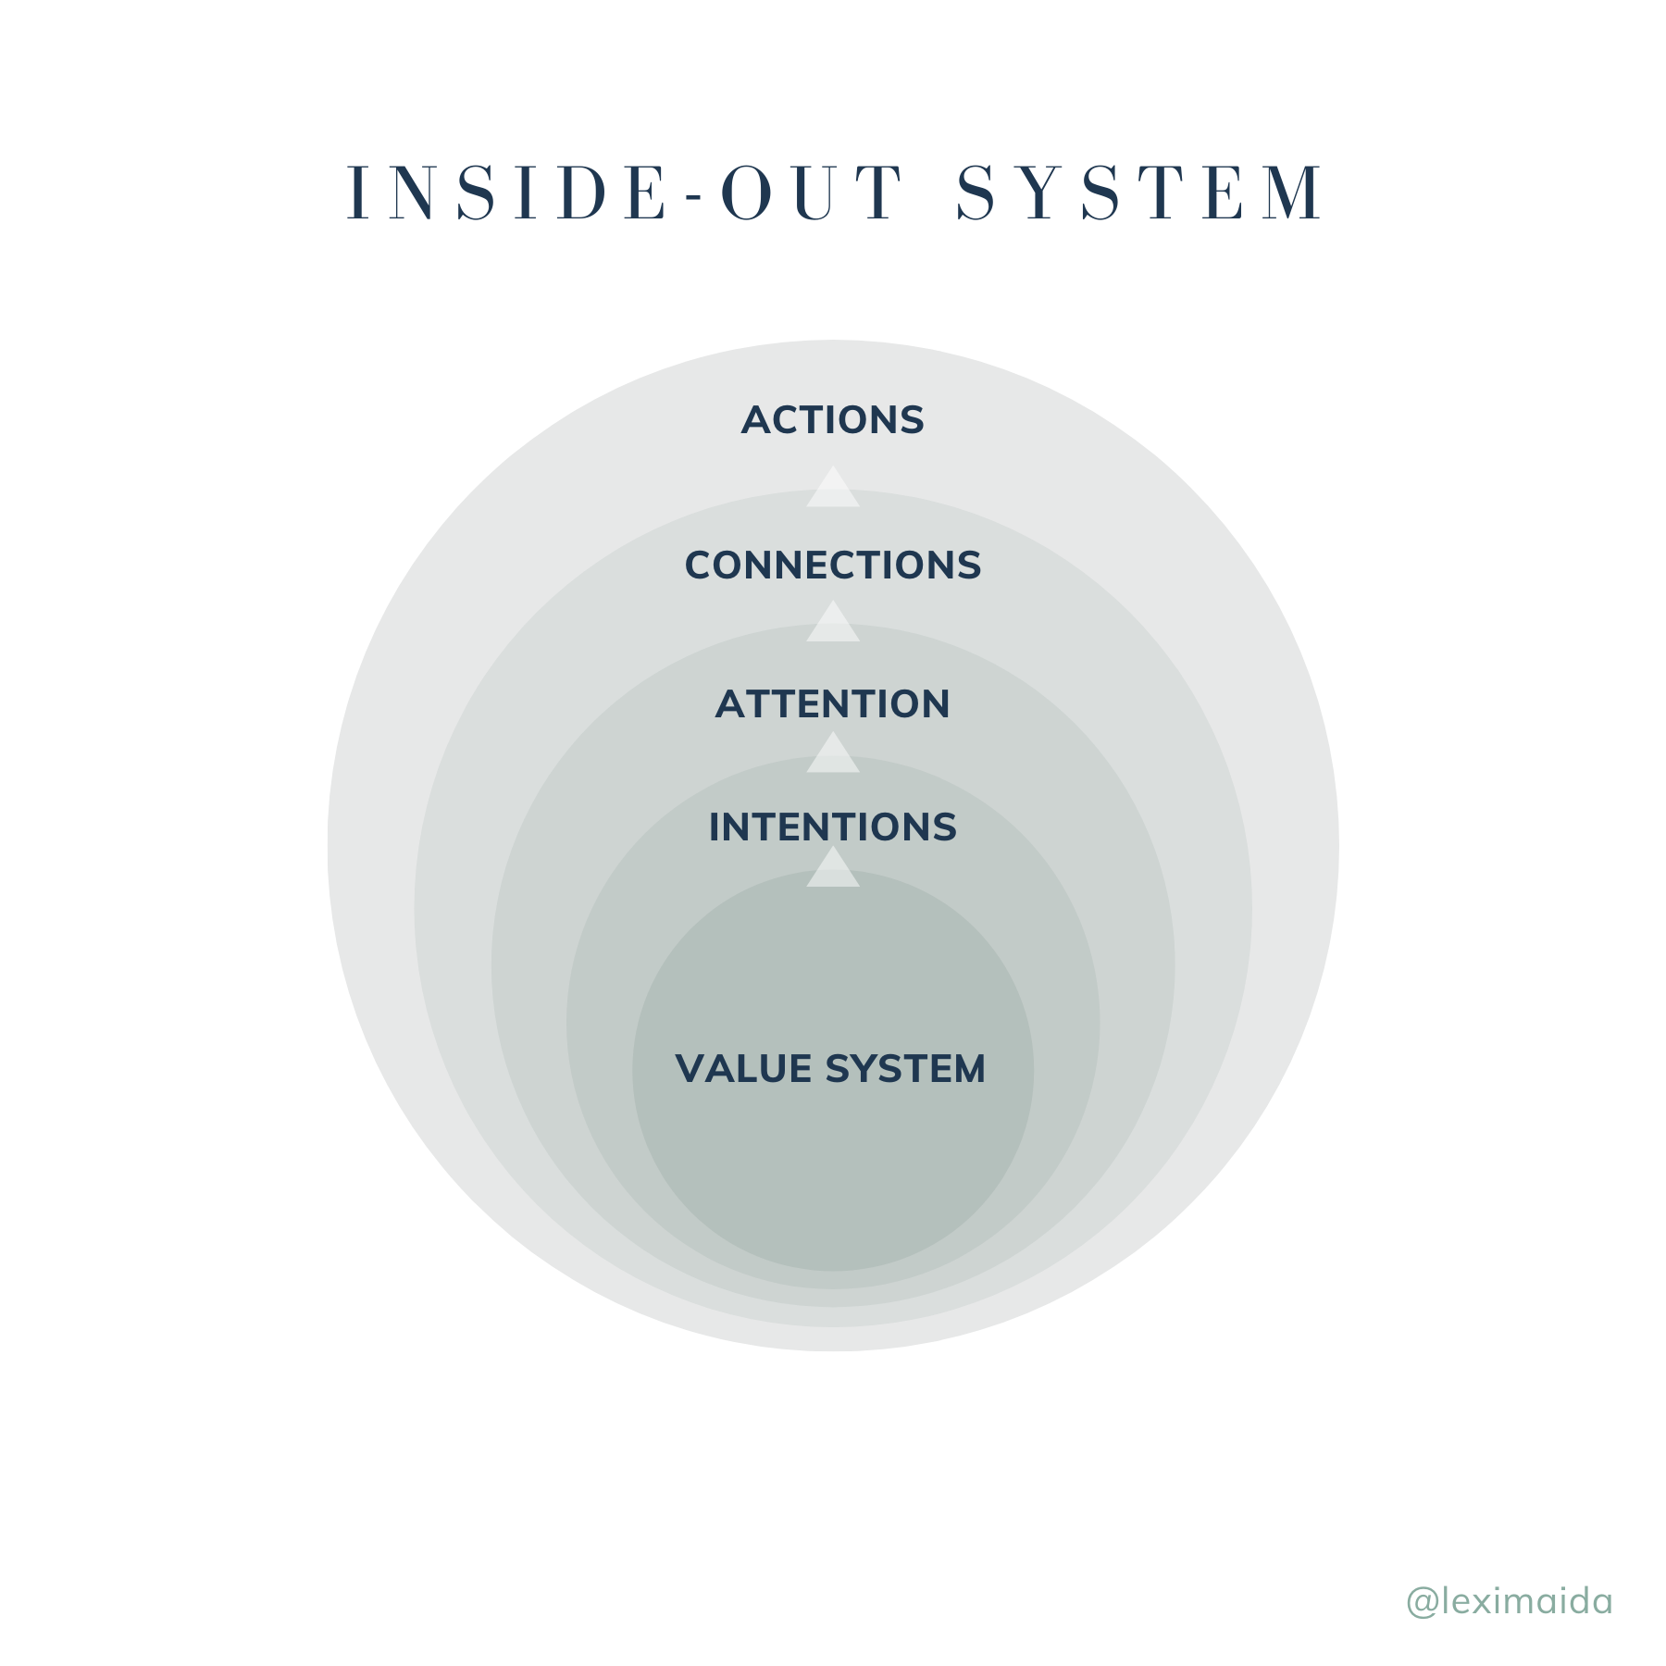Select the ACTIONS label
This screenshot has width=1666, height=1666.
832,420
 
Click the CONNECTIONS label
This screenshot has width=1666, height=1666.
832,566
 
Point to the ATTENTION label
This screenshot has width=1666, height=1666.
832,704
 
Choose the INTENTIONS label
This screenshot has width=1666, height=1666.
832,827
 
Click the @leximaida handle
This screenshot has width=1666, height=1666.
1509,1601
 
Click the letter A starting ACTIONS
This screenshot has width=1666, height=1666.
757,420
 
